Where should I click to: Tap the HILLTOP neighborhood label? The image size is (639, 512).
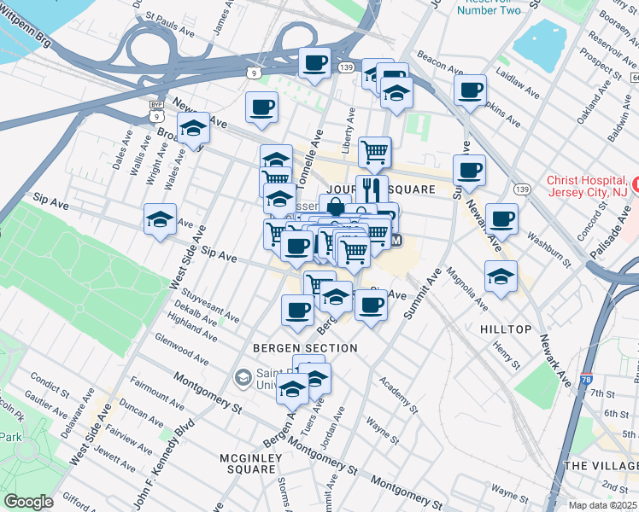coord(506,329)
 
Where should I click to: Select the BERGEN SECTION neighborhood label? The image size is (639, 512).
coord(305,348)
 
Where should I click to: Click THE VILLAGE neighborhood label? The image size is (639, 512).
coord(601,465)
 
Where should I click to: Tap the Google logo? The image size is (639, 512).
coord(27,501)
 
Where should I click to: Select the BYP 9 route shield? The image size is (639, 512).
coord(155,108)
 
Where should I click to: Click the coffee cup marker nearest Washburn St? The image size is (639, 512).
coord(502,218)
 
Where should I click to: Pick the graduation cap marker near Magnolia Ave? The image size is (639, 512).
coord(501,276)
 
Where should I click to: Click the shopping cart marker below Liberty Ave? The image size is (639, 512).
coord(375,152)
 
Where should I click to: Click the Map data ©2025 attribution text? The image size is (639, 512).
coord(602,505)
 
